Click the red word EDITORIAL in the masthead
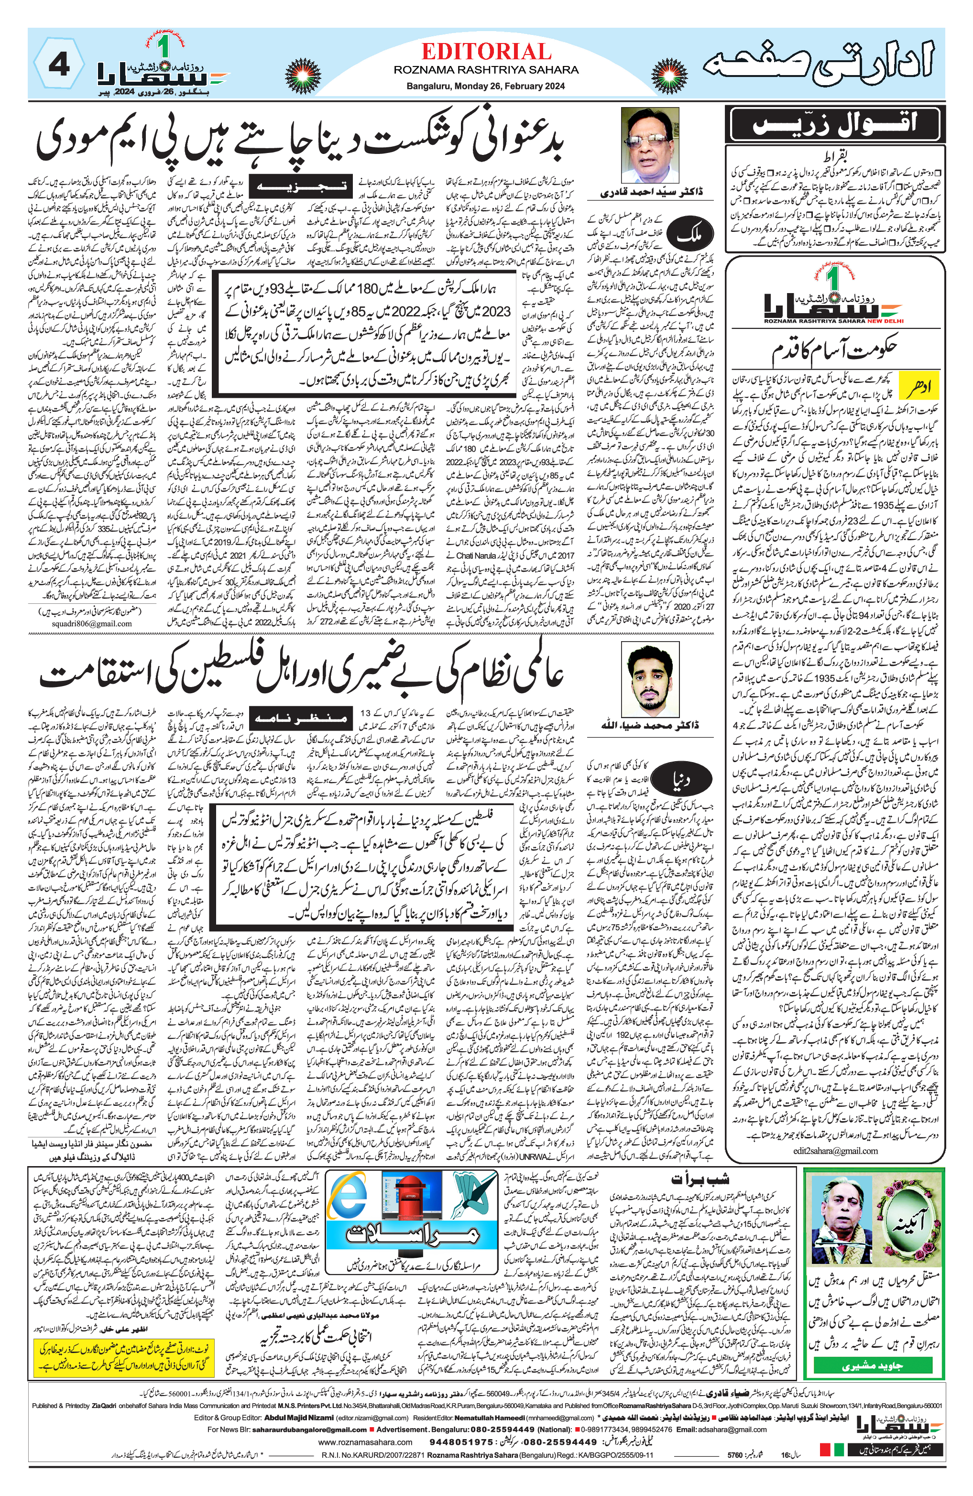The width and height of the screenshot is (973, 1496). point(486,52)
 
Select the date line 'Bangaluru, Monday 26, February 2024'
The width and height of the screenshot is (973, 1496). point(485,86)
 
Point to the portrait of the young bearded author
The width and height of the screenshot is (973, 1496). point(649,679)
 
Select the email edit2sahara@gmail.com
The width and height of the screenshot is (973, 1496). point(835,1151)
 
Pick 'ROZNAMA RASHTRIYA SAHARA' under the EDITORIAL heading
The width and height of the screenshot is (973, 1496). point(485,70)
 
